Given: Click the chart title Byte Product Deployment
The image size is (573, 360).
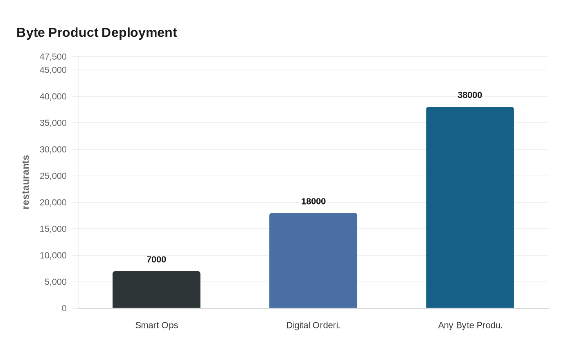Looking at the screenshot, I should tap(97, 33).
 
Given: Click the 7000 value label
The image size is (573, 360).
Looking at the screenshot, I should tap(156, 260).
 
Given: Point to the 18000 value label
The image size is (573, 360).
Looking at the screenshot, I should tap(313, 202).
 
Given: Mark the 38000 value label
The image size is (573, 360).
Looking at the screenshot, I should tap(470, 95).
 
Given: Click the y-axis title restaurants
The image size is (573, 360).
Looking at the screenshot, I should tap(26, 182).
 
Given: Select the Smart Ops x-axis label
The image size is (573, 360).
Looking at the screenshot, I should tap(156, 326).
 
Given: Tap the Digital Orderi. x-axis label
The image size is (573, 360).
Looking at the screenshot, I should tap(313, 326).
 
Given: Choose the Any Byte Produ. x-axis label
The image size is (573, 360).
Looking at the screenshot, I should tap(470, 326).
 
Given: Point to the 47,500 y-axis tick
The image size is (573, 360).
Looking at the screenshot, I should tap(53, 57).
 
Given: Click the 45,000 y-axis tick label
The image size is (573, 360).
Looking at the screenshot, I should tap(53, 70).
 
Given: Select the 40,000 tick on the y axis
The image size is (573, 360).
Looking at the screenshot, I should tap(53, 97).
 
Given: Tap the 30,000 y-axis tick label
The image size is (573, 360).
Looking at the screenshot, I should tap(53, 150).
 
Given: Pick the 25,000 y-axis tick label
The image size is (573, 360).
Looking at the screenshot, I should tap(53, 176).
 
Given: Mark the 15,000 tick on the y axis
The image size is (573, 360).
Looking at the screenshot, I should tap(53, 229).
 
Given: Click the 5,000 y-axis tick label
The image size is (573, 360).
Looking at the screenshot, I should tap(55, 282).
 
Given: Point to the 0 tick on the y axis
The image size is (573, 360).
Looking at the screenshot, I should tap(64, 308).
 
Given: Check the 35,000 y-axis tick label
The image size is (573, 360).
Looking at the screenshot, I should tap(53, 123).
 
